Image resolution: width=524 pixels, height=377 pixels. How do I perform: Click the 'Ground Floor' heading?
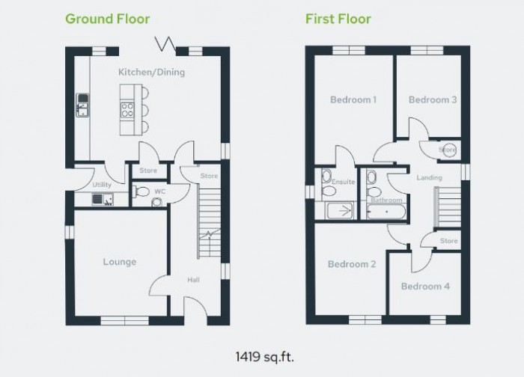tap(107, 19)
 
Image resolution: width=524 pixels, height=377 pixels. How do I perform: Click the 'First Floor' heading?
tap(338, 19)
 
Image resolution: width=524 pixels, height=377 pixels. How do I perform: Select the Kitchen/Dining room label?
tap(151, 73)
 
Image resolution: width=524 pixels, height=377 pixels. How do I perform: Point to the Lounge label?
tap(120, 262)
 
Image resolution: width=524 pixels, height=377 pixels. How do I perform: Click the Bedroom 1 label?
tap(353, 99)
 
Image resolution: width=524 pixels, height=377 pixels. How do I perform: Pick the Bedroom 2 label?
tap(352, 264)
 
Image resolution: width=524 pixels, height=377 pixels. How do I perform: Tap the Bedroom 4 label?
tap(425, 286)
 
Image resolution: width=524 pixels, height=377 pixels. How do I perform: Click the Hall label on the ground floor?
tap(194, 280)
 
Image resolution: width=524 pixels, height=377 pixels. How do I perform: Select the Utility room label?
tap(102, 185)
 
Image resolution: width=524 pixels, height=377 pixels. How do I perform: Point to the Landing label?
tap(430, 178)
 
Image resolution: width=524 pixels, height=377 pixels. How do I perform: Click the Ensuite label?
tap(343, 181)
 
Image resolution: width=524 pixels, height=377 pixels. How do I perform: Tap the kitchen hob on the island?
tap(127, 111)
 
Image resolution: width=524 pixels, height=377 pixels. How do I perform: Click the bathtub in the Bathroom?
tap(386, 212)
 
